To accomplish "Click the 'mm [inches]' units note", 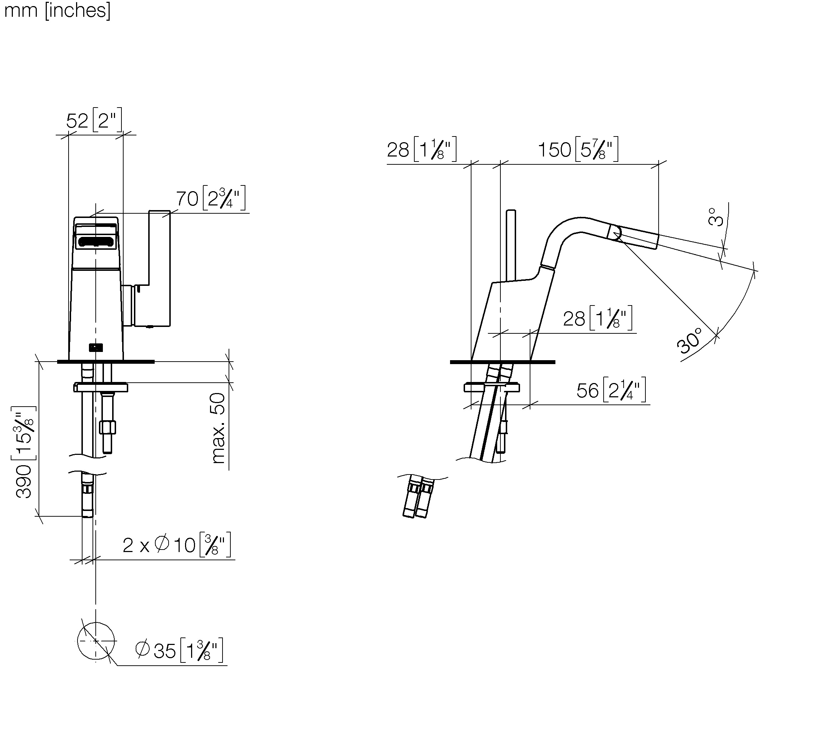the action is pos(57,10).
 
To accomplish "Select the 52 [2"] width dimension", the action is pos(94,120).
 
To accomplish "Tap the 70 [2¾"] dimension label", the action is pos(211,198).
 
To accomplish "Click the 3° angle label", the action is pos(715,217).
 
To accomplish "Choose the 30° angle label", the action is pos(690,340).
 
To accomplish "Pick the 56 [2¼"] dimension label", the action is pos(611,390).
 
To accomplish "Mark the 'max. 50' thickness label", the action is pos(218,428).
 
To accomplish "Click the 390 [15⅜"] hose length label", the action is pos(24,452).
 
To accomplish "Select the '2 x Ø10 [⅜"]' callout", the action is pos(177,545).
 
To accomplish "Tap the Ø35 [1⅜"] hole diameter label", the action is pos(179,650).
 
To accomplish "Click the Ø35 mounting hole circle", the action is pos(96,622).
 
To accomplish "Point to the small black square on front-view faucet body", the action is pos(96,348).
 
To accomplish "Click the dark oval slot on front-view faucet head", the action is pos(96,242).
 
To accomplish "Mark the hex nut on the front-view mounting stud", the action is pos(108,427).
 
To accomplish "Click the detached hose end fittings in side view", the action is pos(418,497).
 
